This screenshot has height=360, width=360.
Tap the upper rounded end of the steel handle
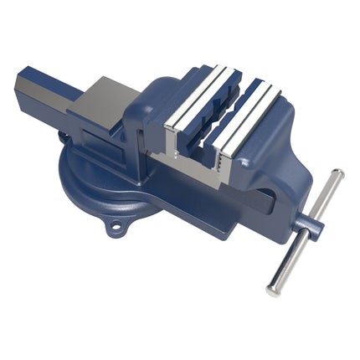[x=337, y=175]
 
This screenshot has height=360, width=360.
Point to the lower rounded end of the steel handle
[x=273, y=290]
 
